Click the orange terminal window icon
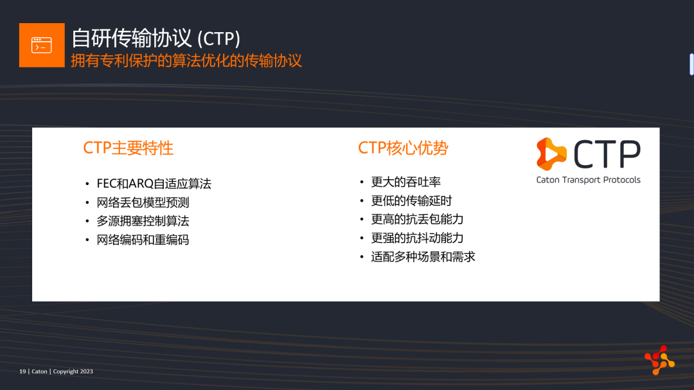[x=42, y=45]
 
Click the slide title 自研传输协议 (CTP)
[x=156, y=38]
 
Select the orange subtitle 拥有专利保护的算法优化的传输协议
[x=186, y=60]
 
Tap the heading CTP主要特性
[x=129, y=148]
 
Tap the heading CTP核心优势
[x=403, y=148]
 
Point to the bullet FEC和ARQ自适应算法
[x=154, y=184]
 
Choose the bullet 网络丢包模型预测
[x=143, y=202]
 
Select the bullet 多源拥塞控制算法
[x=143, y=221]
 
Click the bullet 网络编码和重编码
[x=143, y=240]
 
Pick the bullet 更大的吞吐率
[x=406, y=182]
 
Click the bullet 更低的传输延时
[x=412, y=200]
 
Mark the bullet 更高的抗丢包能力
[x=418, y=219]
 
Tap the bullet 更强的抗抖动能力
[x=418, y=238]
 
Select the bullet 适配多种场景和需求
[x=423, y=257]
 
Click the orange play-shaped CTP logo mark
[x=551, y=154]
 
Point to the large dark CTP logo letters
[x=607, y=154]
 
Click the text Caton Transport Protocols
[x=588, y=180]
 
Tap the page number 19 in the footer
[x=22, y=371]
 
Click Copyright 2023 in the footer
[x=73, y=371]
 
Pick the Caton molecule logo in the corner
[x=659, y=360]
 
